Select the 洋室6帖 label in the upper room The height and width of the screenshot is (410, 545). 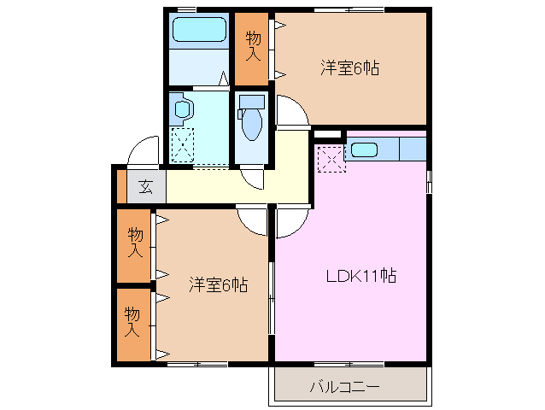pyautogui.click(x=350, y=67)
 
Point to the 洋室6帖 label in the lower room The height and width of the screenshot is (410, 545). pyautogui.click(x=218, y=284)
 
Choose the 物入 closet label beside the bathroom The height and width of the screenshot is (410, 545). pyautogui.click(x=253, y=46)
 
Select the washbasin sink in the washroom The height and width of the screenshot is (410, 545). pyautogui.click(x=183, y=108)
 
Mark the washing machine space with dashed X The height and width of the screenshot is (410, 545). pyautogui.click(x=184, y=143)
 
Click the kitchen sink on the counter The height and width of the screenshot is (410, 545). pyautogui.click(x=364, y=149)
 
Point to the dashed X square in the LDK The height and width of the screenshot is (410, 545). pyautogui.click(x=331, y=160)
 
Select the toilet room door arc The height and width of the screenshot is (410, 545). pyautogui.click(x=254, y=177)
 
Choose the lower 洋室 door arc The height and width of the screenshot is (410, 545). pyautogui.click(x=252, y=221)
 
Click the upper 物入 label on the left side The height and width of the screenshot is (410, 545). pyautogui.click(x=135, y=243)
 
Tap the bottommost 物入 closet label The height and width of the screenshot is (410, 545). pyautogui.click(x=133, y=321)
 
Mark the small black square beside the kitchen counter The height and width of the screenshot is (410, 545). pyautogui.click(x=326, y=135)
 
